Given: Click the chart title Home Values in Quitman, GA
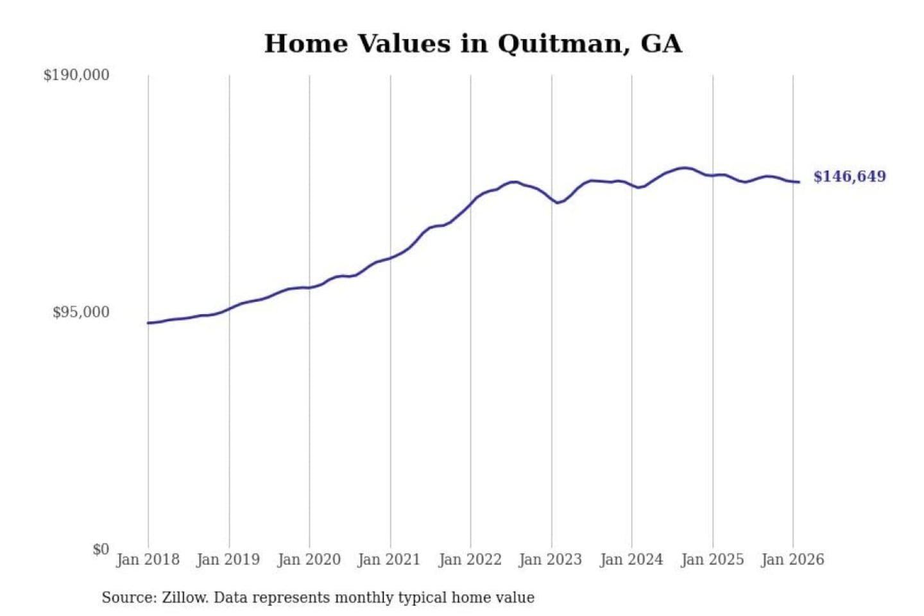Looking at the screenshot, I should (x=473, y=44).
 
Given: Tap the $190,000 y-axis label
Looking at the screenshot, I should (x=76, y=75).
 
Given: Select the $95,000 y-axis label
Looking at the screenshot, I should (x=81, y=312).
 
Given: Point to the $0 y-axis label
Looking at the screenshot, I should (x=100, y=549).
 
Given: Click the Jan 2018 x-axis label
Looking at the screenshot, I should (x=148, y=560).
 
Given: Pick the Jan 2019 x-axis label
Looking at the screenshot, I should (x=228, y=560).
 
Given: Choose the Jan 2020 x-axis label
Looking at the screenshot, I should (x=309, y=560).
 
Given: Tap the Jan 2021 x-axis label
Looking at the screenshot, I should (x=389, y=560).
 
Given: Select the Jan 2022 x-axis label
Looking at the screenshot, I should (x=470, y=560).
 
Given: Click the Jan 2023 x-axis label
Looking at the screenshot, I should (x=550, y=560).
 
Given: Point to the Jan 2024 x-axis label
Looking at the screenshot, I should (x=631, y=560).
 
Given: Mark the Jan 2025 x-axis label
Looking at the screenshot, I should (x=712, y=560).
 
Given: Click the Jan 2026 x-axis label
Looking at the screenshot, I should (x=792, y=560).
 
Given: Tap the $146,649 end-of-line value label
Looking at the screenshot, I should (x=850, y=176).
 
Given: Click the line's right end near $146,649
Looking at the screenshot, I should (x=798, y=182).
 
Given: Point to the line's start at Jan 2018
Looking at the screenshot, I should (x=148, y=323).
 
